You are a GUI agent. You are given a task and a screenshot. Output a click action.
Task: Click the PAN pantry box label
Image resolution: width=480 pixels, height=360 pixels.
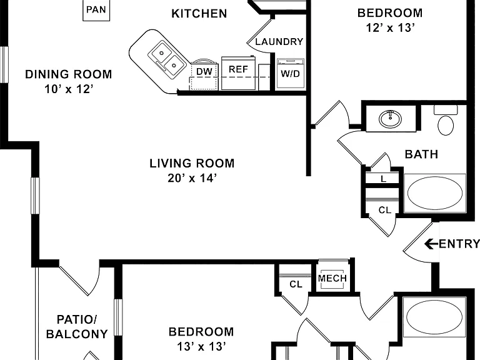(x=96, y=9)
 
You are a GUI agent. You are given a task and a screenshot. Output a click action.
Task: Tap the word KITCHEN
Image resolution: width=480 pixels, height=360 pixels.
(x=199, y=14)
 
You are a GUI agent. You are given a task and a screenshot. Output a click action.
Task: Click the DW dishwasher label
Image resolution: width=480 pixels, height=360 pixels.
(x=204, y=72)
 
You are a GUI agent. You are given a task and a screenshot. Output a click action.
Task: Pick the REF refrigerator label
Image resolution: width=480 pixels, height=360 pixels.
(x=238, y=69)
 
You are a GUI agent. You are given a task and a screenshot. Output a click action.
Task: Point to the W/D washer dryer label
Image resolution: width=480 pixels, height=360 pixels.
(x=290, y=74)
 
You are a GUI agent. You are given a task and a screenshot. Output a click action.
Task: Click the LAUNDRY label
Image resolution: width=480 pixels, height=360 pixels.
(x=279, y=42)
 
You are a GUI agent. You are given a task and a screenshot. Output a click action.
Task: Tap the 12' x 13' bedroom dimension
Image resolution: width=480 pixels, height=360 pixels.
(x=390, y=28)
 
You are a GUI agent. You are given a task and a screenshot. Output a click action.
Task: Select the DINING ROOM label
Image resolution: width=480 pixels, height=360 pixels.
(x=69, y=74)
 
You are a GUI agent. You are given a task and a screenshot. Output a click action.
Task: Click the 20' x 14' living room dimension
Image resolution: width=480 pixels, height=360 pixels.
(x=192, y=178)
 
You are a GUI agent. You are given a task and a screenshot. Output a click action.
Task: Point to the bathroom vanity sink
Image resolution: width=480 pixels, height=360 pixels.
(x=390, y=119)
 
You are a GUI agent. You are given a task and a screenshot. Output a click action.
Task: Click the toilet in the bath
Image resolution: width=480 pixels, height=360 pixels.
(x=446, y=120)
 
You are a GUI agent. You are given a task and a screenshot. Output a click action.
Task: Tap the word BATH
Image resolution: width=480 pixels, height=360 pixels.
(x=421, y=154)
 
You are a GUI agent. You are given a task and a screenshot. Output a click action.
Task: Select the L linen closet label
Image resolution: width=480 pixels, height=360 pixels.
(x=384, y=179)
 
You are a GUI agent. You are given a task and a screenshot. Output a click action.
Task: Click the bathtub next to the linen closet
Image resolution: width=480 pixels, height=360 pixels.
(x=435, y=194)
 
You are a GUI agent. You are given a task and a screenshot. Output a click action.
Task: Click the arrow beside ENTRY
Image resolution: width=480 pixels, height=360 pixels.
(x=431, y=244)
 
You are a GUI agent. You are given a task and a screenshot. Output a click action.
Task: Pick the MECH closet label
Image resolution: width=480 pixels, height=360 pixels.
(x=332, y=278)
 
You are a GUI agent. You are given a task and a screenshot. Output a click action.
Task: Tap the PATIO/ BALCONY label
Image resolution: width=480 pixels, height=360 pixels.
(x=77, y=327)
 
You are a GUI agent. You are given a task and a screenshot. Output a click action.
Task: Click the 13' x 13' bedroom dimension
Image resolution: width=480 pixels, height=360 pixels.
(x=201, y=346)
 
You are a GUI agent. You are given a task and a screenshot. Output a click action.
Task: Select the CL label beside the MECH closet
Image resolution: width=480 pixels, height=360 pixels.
(x=296, y=284)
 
